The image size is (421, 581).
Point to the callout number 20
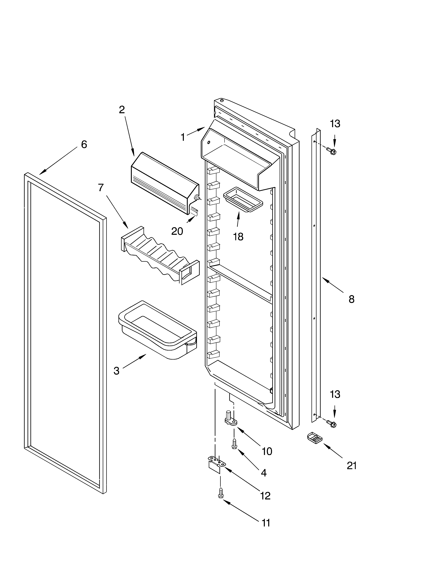coord(177,231)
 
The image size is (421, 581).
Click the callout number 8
coord(351,299)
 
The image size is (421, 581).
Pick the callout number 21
coord(352,466)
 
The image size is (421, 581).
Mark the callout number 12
coord(265,496)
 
